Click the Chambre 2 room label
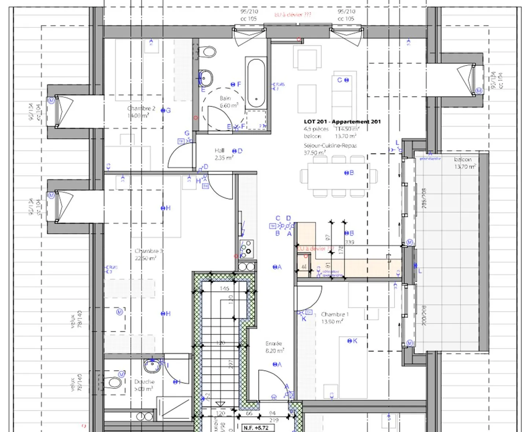click(141, 109)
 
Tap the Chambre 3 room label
click(148, 251)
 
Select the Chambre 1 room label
click(335, 315)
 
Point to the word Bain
click(225, 98)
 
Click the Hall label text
click(219, 151)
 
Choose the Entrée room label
click(274, 344)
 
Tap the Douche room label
click(144, 382)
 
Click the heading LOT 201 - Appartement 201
click(342, 122)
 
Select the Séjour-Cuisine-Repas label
click(330, 146)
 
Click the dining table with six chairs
click(337, 176)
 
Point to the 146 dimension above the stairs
click(224, 289)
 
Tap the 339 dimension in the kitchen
click(349, 242)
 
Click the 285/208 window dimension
click(424, 198)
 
